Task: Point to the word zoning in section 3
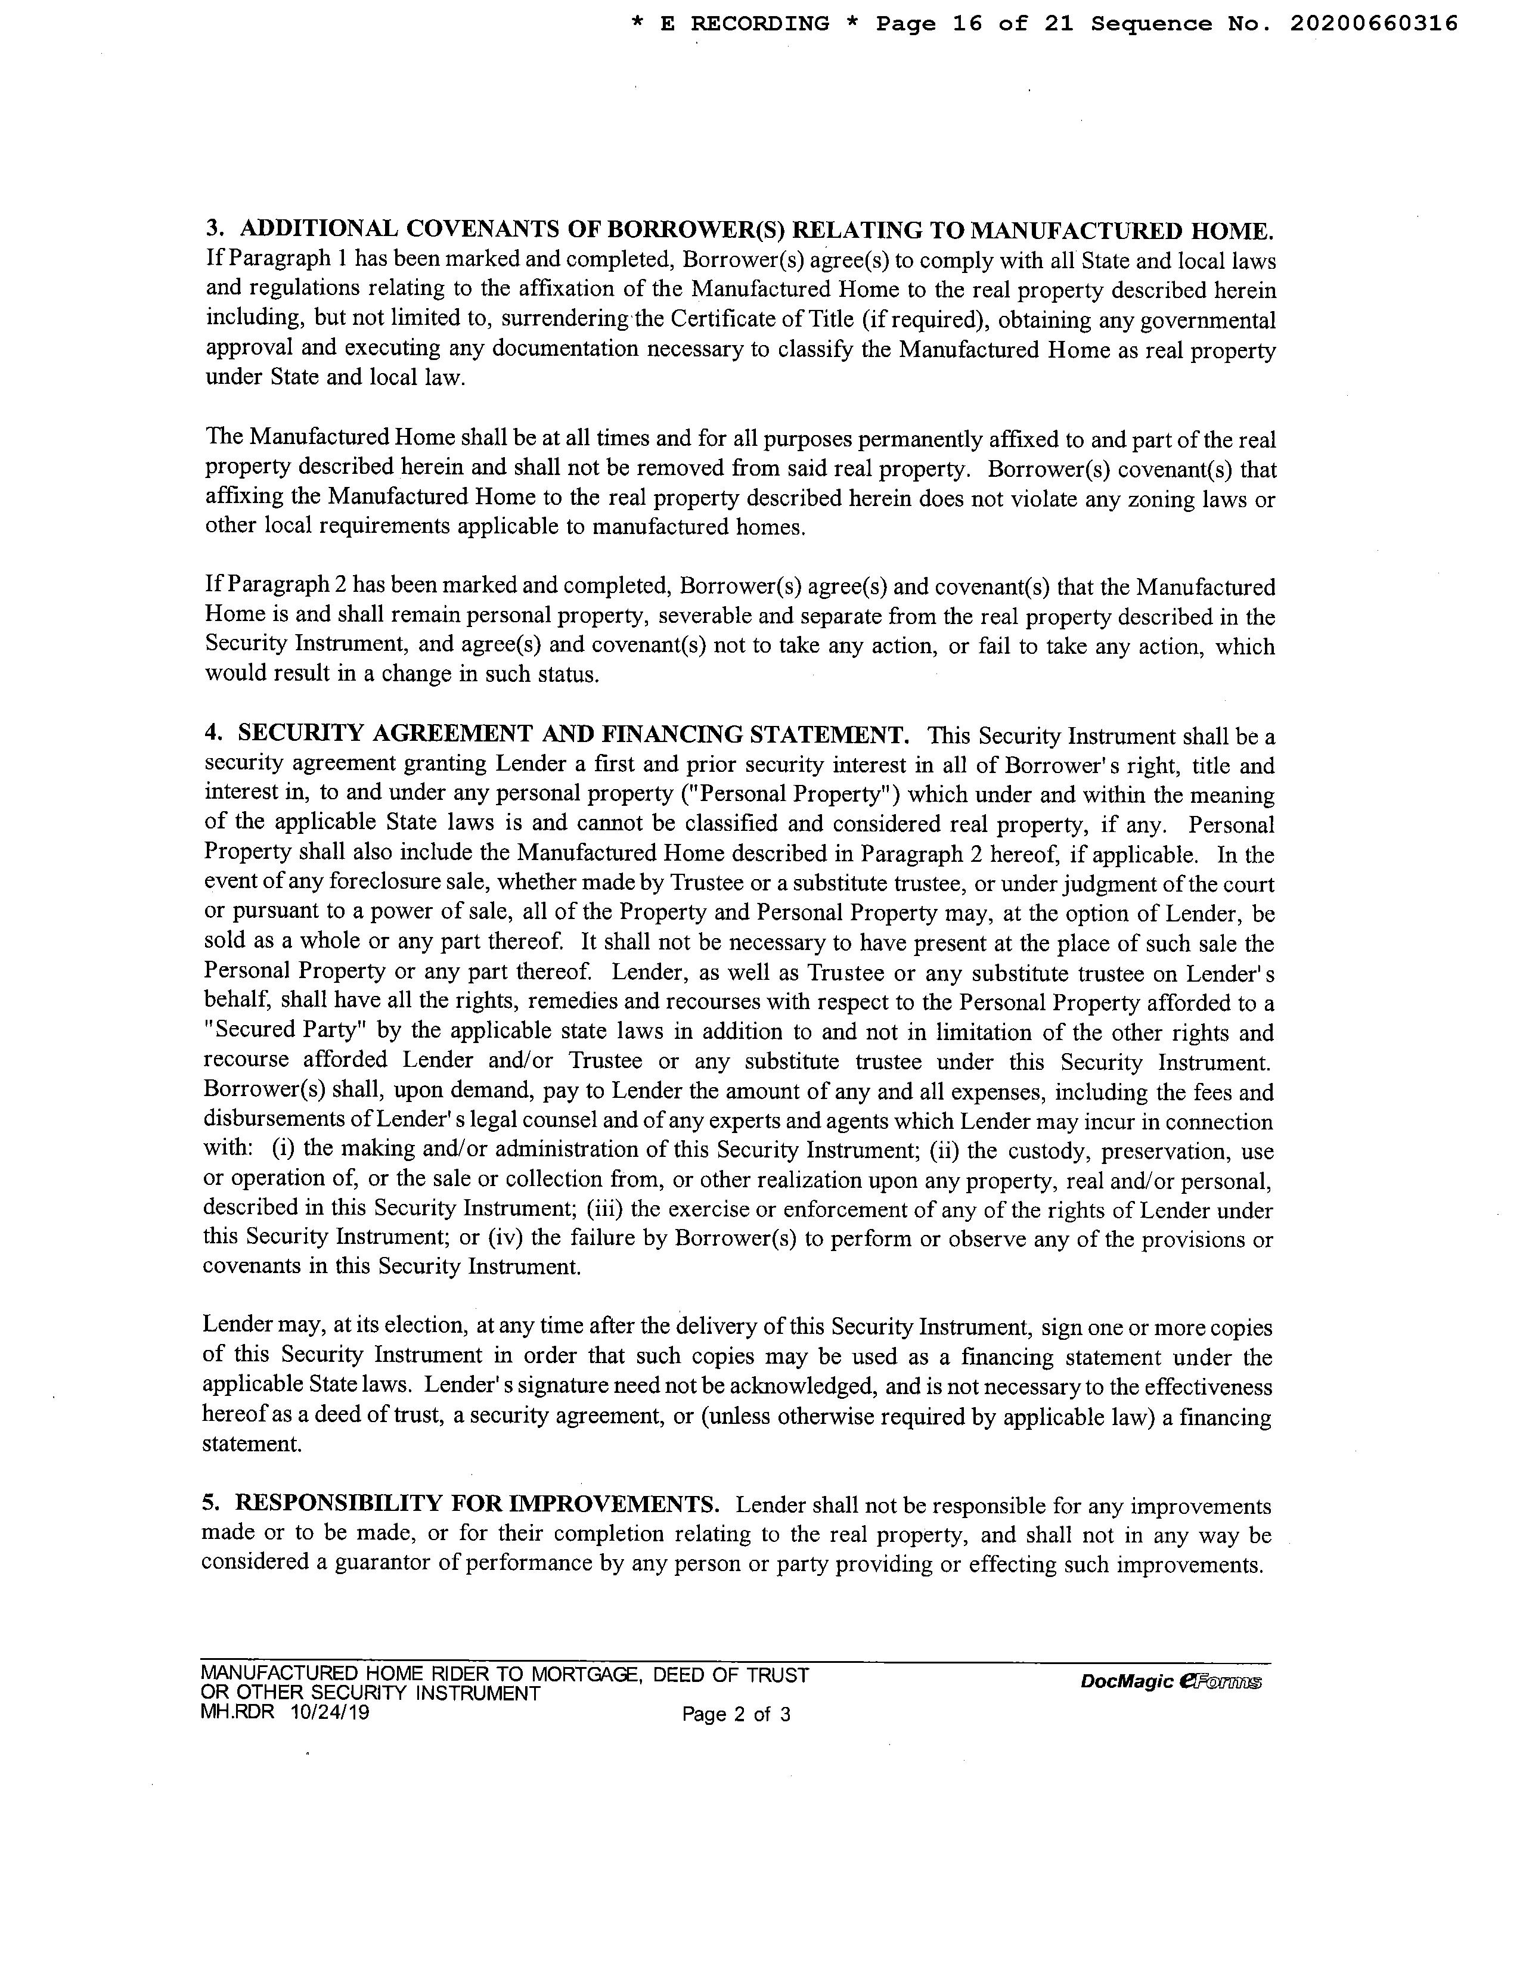(1155, 498)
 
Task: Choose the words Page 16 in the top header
(929, 23)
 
